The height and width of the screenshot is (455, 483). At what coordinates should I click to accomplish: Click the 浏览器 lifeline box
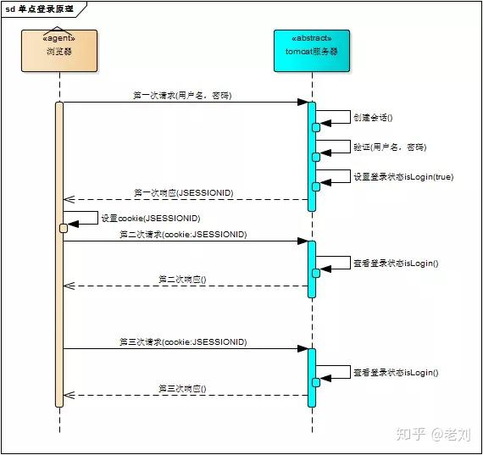tap(59, 51)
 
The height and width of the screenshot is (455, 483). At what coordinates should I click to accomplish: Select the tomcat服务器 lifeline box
tap(311, 51)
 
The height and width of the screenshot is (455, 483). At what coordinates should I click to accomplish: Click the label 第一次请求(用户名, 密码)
tap(182, 96)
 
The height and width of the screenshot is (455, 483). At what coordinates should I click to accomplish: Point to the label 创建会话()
tap(373, 117)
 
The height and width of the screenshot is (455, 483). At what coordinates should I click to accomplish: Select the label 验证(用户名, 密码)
tap(390, 147)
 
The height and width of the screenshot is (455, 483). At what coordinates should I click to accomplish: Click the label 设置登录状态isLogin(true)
tap(402, 176)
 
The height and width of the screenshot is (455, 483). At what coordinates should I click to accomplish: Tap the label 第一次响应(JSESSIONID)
tap(184, 193)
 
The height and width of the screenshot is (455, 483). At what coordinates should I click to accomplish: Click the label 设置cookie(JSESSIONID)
tap(150, 218)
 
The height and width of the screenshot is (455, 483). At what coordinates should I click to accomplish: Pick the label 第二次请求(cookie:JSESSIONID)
tap(183, 234)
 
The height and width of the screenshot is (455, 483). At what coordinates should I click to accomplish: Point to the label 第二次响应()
tap(183, 279)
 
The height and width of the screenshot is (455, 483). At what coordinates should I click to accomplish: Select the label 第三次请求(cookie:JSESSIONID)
tap(183, 341)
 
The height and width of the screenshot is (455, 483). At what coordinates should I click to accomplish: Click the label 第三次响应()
tap(183, 388)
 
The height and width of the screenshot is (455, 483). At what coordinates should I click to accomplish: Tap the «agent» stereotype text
tap(59, 38)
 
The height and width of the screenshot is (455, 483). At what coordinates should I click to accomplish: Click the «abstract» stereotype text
tap(311, 38)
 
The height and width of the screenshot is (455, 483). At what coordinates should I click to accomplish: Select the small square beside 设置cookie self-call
tap(64, 228)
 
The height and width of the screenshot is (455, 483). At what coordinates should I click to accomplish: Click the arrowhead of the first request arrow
tap(303, 103)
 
